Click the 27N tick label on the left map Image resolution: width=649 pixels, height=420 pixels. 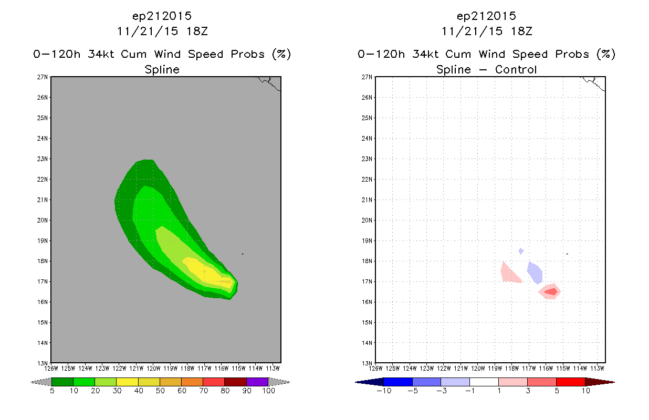click(x=43, y=77)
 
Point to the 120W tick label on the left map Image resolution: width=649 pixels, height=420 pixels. click(x=153, y=369)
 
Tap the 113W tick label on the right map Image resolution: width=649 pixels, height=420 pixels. click(x=597, y=369)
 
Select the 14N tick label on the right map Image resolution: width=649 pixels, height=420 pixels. click(x=367, y=343)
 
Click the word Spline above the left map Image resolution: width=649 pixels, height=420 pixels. click(x=162, y=70)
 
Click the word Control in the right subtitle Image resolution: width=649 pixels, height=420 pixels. click(x=516, y=69)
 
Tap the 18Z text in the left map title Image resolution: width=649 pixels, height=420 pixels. click(x=197, y=31)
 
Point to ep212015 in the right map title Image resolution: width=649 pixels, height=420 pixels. click(x=486, y=16)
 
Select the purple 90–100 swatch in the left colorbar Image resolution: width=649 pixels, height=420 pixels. click(x=257, y=382)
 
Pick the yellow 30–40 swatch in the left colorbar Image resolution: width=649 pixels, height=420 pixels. click(x=127, y=382)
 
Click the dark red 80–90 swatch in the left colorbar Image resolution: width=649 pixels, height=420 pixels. click(x=236, y=382)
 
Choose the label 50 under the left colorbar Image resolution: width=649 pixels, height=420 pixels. click(x=160, y=391)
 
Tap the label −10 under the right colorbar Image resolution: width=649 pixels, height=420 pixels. click(x=384, y=391)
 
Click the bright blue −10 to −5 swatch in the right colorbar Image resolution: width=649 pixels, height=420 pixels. click(x=398, y=382)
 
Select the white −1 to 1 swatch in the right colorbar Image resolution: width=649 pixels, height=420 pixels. click(x=484, y=382)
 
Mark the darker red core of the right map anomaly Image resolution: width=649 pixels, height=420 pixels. click(x=551, y=292)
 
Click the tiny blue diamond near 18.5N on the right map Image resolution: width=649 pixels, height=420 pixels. click(x=521, y=251)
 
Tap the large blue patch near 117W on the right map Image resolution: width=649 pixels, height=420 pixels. click(x=535, y=273)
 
